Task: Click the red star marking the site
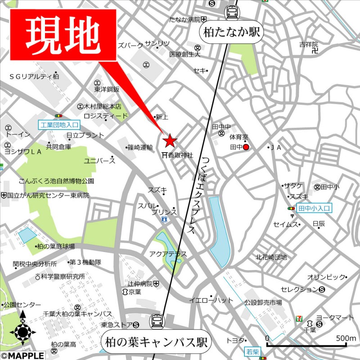(x=169, y=141)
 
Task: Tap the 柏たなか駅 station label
(x=232, y=32)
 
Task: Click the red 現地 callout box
(x=63, y=35)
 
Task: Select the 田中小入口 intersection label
(x=314, y=208)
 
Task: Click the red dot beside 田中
(x=246, y=147)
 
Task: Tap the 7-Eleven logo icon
(x=299, y=318)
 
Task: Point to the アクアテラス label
(x=168, y=254)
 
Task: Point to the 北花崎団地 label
(x=271, y=257)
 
